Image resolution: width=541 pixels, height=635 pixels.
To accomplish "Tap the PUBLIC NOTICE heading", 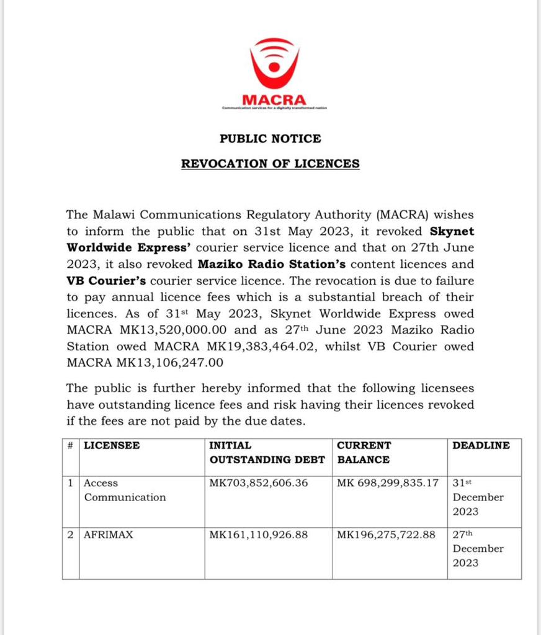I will pyautogui.click(x=270, y=139).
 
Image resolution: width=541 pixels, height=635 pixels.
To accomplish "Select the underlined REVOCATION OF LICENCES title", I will pyautogui.click(x=270, y=164).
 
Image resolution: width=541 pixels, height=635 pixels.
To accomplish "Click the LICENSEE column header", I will pyautogui.click(x=112, y=445).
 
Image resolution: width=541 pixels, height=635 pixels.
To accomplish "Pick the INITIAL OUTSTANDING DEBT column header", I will pyautogui.click(x=267, y=453).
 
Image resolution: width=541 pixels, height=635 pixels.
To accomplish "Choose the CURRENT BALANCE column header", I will pyautogui.click(x=364, y=453).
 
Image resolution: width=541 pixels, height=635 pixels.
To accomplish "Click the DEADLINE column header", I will pyautogui.click(x=481, y=445).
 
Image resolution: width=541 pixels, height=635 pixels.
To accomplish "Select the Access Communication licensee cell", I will pyautogui.click(x=125, y=490).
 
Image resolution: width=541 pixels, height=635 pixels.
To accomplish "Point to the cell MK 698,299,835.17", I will pyautogui.click(x=388, y=482).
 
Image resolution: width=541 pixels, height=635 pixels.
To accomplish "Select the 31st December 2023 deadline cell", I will pyautogui.click(x=478, y=497).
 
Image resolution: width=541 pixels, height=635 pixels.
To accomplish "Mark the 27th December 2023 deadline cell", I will pyautogui.click(x=478, y=548).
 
